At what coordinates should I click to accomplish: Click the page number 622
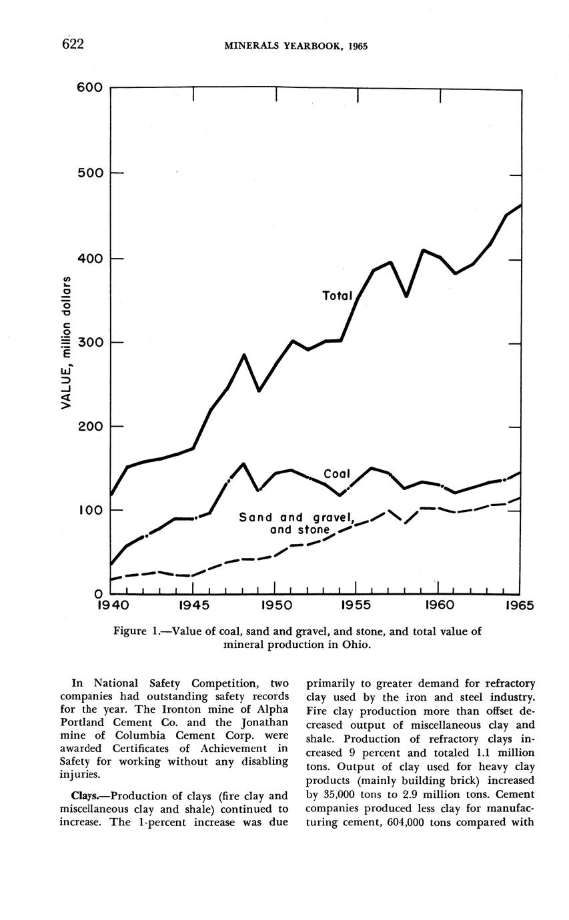click(x=73, y=45)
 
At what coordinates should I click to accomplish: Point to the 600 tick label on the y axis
click(x=89, y=87)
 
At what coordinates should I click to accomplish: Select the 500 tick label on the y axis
click(x=89, y=173)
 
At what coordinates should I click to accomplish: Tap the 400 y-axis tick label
click(x=89, y=259)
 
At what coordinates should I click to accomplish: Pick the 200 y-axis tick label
click(x=89, y=426)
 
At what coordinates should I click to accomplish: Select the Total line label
click(x=337, y=295)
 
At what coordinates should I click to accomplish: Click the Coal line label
click(x=337, y=474)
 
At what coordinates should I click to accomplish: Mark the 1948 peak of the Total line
click(x=243, y=355)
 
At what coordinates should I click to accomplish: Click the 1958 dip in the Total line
click(x=406, y=295)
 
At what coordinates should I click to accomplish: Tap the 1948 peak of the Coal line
click(x=243, y=464)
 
